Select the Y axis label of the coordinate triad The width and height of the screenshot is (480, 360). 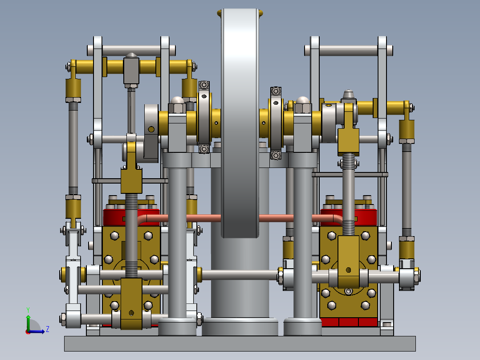point(28,309)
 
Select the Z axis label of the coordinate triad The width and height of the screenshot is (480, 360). point(47,329)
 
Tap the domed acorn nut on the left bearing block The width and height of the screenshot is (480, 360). point(177,104)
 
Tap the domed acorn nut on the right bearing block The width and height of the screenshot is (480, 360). point(303,104)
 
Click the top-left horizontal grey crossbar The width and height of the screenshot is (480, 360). point(132,49)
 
